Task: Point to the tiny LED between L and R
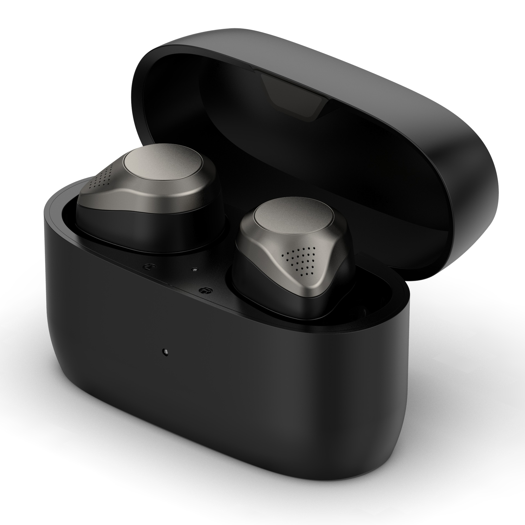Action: [x=194, y=270]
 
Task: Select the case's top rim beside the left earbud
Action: [x=63, y=216]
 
